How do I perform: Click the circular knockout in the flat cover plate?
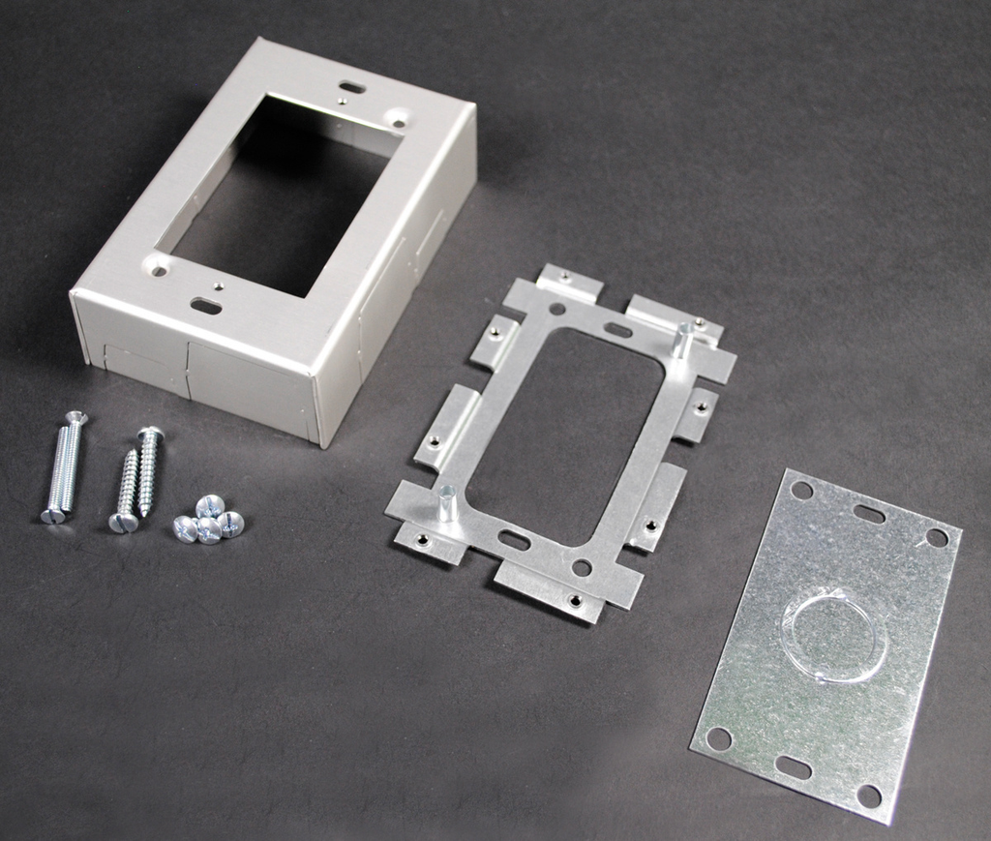(x=833, y=636)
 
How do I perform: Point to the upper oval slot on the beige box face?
(x=352, y=88)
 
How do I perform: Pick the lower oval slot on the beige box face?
(x=205, y=306)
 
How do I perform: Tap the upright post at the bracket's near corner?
(x=446, y=503)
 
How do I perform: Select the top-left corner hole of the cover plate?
(x=801, y=490)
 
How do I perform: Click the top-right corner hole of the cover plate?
(x=936, y=537)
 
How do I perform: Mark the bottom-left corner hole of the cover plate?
(x=718, y=738)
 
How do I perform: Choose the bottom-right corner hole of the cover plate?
(x=868, y=796)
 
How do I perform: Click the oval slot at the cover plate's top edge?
(x=869, y=514)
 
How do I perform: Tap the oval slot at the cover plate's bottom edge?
(x=793, y=767)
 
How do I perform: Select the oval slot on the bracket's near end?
(x=514, y=539)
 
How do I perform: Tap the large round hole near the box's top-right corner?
(x=395, y=118)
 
